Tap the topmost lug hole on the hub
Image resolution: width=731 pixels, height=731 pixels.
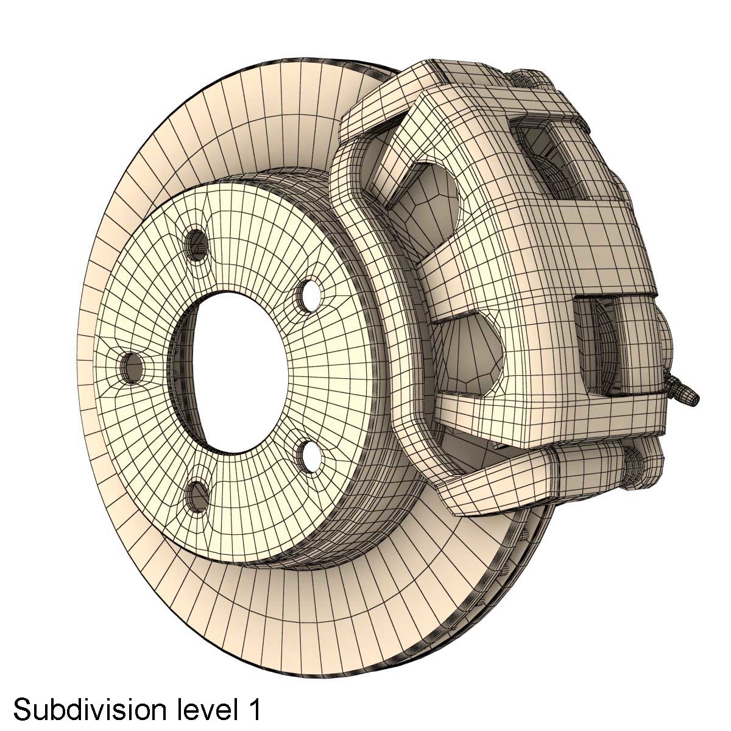197,244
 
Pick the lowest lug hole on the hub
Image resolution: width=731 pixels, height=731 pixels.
196,496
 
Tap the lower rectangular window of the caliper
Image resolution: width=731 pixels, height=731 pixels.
609,344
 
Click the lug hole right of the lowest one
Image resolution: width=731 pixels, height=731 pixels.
308,454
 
